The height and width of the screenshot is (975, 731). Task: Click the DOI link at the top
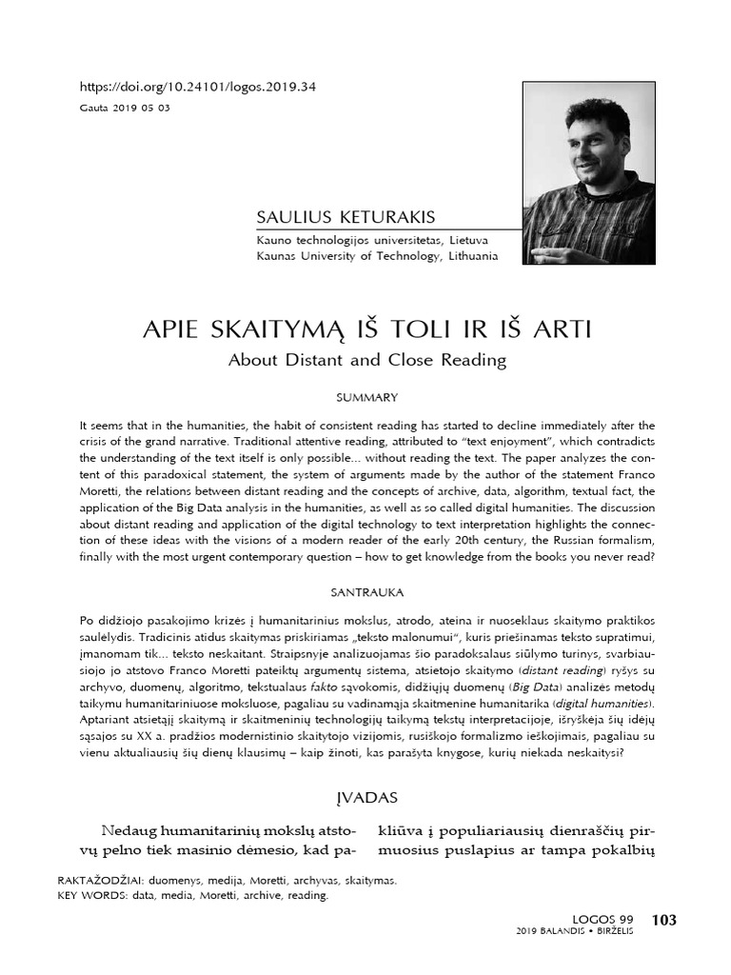198,87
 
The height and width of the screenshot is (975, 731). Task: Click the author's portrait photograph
587,174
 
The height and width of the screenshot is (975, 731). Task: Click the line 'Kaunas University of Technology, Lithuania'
377,256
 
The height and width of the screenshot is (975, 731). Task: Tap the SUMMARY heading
365,397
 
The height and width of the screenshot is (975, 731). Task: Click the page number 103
663,919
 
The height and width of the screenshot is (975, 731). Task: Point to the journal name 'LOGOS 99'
603,920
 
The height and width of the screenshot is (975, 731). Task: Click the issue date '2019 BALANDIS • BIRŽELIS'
575,931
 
